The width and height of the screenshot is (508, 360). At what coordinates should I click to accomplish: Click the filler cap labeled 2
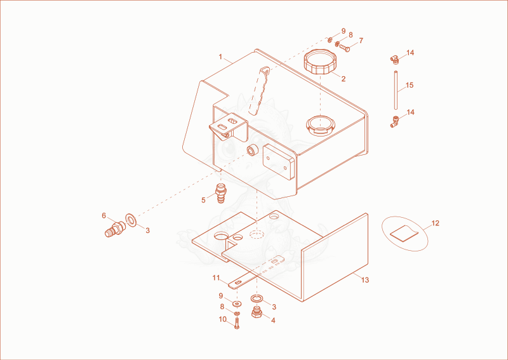tap(320, 62)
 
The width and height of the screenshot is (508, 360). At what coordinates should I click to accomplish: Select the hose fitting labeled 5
tap(220, 193)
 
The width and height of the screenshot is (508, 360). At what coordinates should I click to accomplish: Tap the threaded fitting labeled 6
tap(115, 229)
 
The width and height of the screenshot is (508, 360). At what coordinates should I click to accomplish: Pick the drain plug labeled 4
tap(257, 312)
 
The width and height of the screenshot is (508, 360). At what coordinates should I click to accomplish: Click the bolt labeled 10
tap(236, 323)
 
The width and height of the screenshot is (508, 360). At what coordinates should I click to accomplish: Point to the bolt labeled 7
tap(344, 48)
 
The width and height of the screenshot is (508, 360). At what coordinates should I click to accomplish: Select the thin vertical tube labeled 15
tap(396, 90)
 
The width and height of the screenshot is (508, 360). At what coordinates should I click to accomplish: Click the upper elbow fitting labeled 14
tap(394, 59)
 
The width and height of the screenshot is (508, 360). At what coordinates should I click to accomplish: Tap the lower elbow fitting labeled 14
tap(394, 121)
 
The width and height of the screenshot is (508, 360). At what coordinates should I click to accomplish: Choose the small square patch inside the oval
tap(404, 233)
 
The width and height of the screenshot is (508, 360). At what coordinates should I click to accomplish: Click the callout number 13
tap(365, 280)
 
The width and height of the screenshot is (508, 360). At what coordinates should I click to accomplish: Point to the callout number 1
tap(220, 57)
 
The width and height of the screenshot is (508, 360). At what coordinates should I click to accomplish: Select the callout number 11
tap(216, 278)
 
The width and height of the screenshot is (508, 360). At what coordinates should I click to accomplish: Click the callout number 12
tap(436, 223)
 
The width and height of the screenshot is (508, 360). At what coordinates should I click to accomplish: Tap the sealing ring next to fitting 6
tap(131, 220)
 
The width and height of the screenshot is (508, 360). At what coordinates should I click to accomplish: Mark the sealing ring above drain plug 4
tap(257, 298)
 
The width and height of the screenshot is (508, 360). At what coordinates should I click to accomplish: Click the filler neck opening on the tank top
tap(320, 126)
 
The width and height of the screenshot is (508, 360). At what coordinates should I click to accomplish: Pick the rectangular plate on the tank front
tap(279, 162)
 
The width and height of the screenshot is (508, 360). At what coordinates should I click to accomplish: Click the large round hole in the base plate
tap(221, 236)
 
